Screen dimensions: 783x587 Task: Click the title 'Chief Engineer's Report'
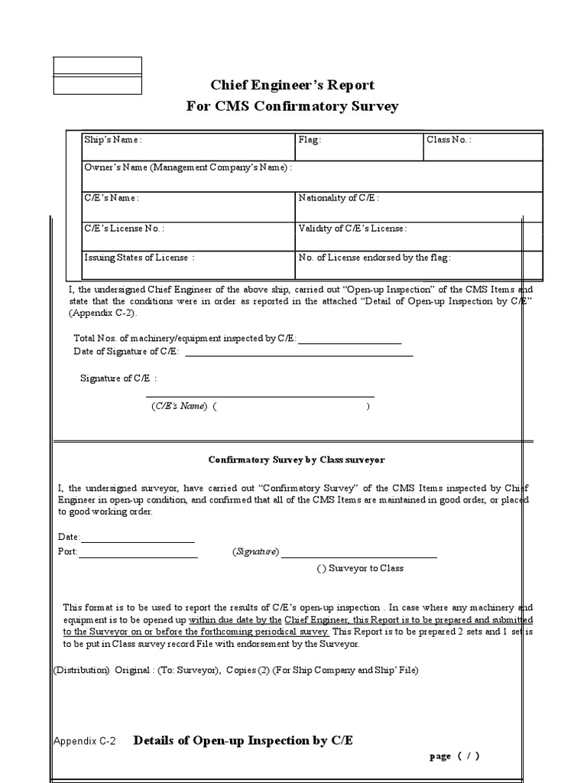pyautogui.click(x=293, y=85)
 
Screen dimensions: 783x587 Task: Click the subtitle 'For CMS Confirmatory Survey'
pyautogui.click(x=293, y=106)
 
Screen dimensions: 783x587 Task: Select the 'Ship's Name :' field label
pyautogui.click(x=113, y=140)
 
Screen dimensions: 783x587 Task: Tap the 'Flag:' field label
pyautogui.click(x=310, y=140)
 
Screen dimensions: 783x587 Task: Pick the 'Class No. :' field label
pyautogui.click(x=449, y=140)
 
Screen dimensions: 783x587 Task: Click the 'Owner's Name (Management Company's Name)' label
pyautogui.click(x=187, y=167)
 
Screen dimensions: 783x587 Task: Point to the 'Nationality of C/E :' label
pyautogui.click(x=338, y=198)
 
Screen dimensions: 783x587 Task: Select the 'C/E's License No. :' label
pyautogui.click(x=124, y=228)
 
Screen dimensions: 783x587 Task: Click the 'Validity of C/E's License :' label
pyautogui.click(x=352, y=228)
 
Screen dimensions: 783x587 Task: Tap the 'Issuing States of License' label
pyautogui.click(x=139, y=258)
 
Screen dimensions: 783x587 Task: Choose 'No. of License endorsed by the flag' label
pyautogui.click(x=375, y=258)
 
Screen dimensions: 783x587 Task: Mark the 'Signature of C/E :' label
pyautogui.click(x=119, y=379)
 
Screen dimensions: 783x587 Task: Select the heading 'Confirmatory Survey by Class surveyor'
pyautogui.click(x=297, y=460)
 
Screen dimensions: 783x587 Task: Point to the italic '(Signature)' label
pyautogui.click(x=256, y=552)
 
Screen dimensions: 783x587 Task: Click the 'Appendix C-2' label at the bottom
pyautogui.click(x=84, y=741)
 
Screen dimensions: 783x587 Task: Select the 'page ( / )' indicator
pyautogui.click(x=455, y=756)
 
